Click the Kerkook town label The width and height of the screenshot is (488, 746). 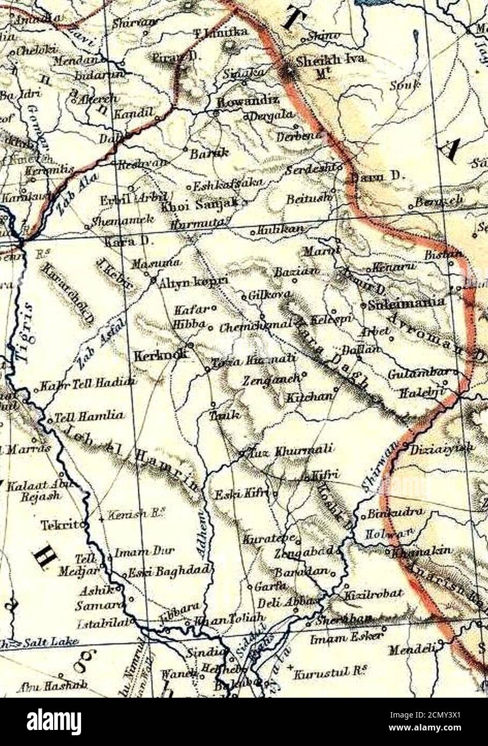coord(160,355)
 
